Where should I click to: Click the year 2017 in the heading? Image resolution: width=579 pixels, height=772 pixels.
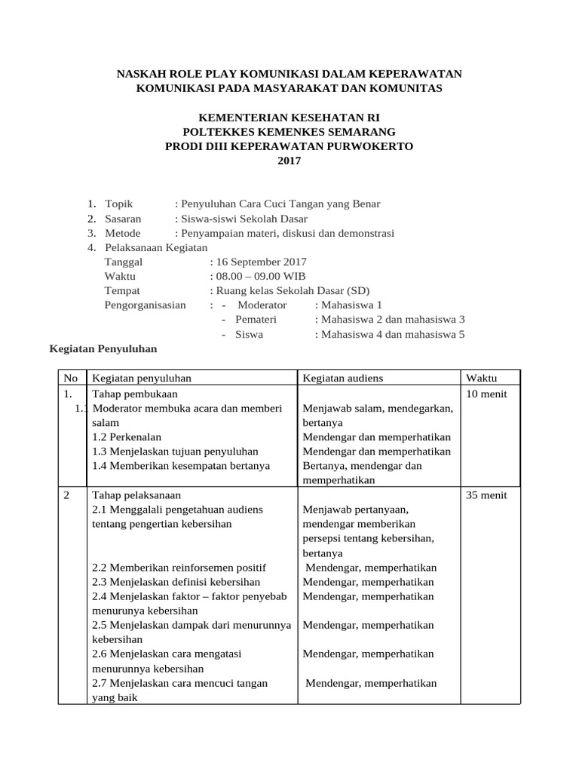[289, 161]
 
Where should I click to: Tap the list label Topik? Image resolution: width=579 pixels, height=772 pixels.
[119, 204]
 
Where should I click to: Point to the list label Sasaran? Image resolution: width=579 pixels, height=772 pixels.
[124, 219]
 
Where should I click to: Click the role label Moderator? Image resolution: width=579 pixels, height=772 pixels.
[262, 305]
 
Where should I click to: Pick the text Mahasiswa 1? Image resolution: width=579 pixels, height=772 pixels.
[352, 305]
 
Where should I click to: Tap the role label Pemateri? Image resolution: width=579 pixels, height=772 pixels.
[257, 319]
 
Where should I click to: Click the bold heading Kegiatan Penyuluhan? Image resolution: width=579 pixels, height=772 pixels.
[103, 349]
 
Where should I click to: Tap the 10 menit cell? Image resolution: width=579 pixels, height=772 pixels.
[487, 394]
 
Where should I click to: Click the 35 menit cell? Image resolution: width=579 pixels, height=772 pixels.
[487, 495]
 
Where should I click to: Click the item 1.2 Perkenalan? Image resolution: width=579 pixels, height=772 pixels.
[126, 437]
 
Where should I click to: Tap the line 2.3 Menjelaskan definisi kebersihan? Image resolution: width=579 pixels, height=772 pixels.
[176, 582]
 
